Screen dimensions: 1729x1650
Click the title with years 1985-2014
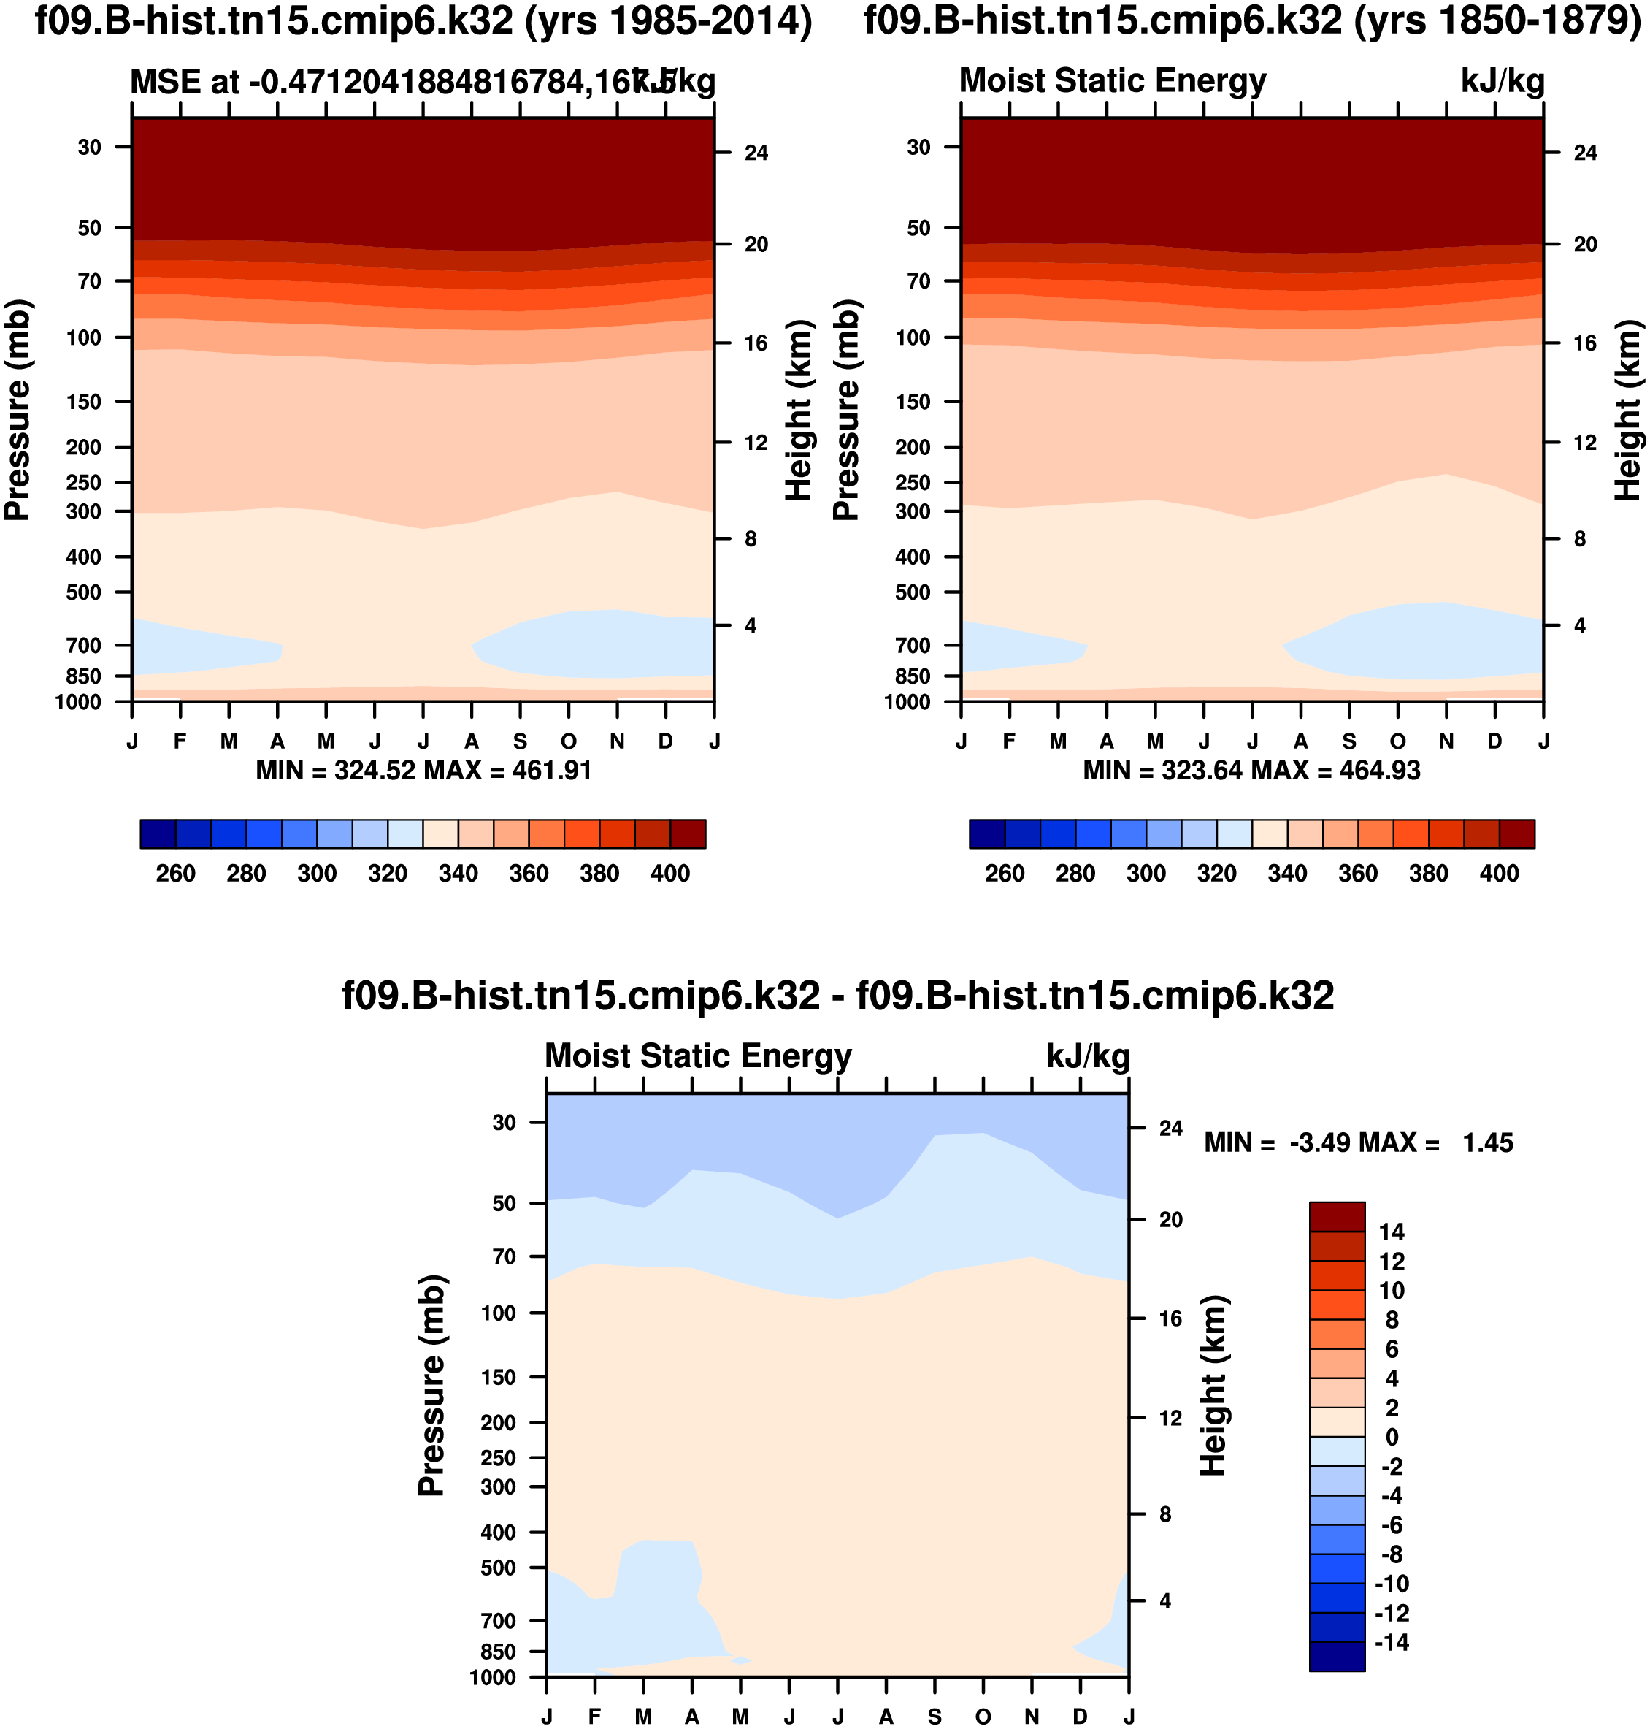coord(423,21)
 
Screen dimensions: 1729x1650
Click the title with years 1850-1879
coord(1252,21)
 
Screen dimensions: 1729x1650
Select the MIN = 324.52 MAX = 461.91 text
coord(423,771)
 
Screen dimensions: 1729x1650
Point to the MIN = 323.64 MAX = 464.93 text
coord(1251,771)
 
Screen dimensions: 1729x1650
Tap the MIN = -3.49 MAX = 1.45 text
coord(1358,1143)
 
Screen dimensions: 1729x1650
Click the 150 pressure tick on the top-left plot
coord(85,402)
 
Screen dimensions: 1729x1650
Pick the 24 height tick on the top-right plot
coord(1585,153)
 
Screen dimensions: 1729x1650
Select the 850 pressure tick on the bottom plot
coord(498,1652)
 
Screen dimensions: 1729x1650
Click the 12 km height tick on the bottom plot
coord(1170,1418)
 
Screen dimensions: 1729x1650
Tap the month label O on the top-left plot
coord(569,741)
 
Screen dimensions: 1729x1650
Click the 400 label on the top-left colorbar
coord(670,874)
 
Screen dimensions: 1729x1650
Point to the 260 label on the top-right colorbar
coord(1005,874)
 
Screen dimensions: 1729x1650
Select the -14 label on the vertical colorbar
coord(1392,1643)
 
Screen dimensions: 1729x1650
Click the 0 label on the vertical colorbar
coord(1392,1437)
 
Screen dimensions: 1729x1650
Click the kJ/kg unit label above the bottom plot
coord(1088,1056)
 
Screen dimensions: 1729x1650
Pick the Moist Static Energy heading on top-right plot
coord(1113,81)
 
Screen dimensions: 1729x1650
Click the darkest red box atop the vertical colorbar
coord(1337,1217)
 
